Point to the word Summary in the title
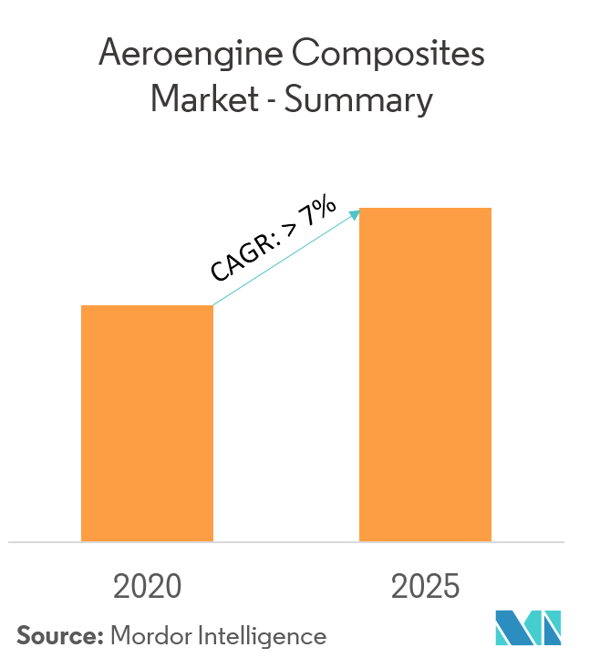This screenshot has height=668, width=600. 357,100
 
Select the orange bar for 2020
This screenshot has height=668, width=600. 147,423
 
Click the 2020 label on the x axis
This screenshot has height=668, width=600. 147,586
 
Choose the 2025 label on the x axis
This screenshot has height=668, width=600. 425,586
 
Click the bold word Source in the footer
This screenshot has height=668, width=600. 57,635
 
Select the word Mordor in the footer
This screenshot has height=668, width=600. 148,635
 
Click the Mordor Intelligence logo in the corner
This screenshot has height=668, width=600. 529,629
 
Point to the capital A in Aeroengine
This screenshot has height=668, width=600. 109,56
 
